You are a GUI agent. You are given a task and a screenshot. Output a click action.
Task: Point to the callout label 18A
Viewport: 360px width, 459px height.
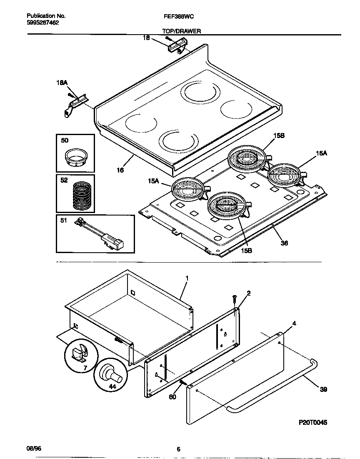pos(62,83)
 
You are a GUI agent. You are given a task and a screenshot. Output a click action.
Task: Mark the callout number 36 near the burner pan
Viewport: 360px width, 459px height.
pos(285,243)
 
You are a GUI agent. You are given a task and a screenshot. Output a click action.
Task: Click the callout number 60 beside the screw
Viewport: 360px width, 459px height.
pos(172,397)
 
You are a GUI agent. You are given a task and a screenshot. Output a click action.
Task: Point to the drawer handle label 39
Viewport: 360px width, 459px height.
pos(323,389)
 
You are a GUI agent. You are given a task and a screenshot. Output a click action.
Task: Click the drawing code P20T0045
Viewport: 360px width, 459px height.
pos(313,422)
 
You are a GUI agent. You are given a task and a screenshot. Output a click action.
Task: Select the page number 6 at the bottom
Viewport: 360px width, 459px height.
pos(178,449)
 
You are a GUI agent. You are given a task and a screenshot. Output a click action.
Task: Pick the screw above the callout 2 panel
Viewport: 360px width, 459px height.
pos(234,298)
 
